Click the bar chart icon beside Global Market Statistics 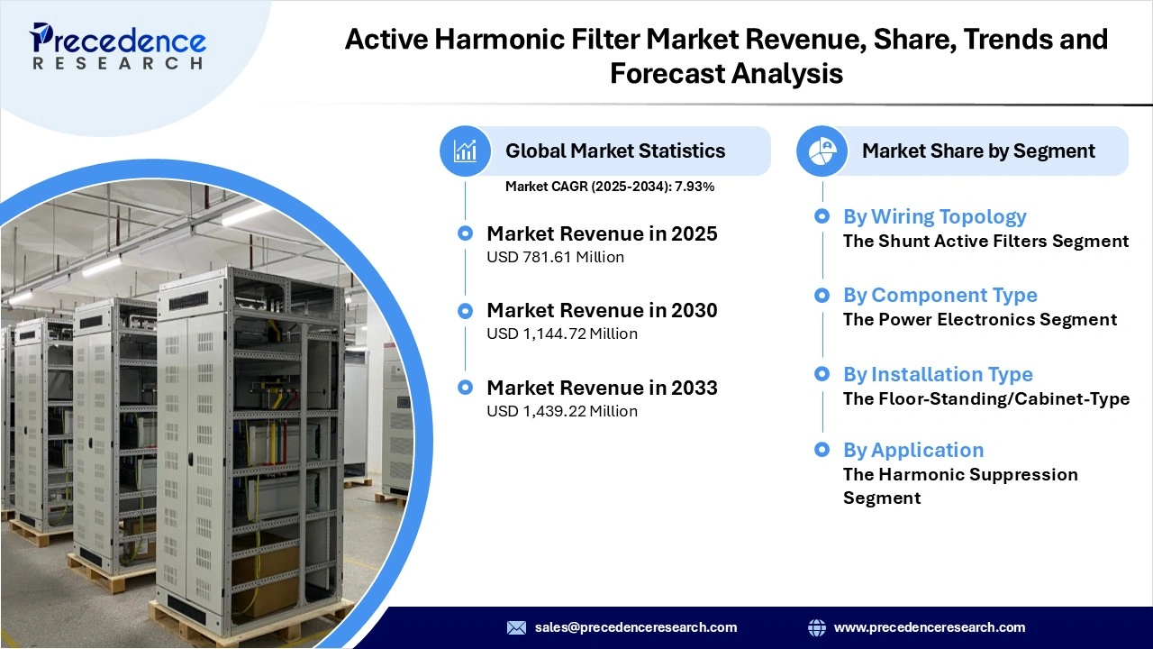465,151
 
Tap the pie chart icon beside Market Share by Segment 822,151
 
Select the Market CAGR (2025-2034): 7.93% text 610,187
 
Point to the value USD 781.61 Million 555,257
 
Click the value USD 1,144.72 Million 562,334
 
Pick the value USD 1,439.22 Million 562,411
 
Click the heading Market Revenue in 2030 602,310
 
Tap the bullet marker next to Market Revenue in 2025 465,233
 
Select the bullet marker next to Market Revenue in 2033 465,388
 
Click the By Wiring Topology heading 934,216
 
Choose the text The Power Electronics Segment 979,320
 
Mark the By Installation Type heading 938,374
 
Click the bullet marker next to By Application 822,449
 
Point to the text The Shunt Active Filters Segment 985,242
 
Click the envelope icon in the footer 516,627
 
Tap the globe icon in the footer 817,627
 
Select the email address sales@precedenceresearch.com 635,627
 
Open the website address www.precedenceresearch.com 930,627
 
